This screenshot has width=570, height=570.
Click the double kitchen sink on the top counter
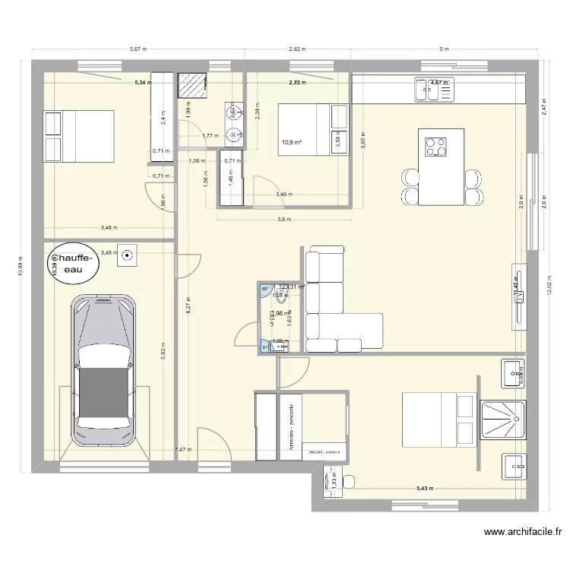tap(433, 90)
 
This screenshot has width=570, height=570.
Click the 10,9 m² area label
tap(291, 141)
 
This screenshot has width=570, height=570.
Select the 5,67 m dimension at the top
tap(138, 49)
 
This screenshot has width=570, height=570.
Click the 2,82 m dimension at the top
tap(297, 49)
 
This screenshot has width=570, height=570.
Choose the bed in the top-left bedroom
tap(79, 137)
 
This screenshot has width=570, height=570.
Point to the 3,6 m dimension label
tap(284, 220)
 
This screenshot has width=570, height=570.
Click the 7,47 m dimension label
tap(183, 451)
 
